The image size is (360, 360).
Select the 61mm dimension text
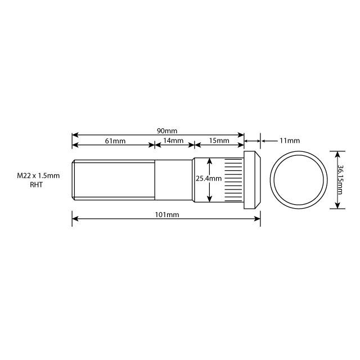click(115, 141)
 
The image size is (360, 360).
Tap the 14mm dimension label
click(174, 141)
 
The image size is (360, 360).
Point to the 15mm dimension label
click(219, 141)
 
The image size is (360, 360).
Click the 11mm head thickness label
click(290, 140)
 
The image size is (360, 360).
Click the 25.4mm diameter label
click(209, 178)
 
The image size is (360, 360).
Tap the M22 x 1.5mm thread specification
click(38, 176)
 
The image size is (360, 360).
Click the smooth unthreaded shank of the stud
click(173, 179)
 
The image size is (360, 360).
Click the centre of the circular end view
click(299, 179)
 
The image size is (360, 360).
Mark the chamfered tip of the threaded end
click(74, 179)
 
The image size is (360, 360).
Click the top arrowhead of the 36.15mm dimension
click(337, 152)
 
